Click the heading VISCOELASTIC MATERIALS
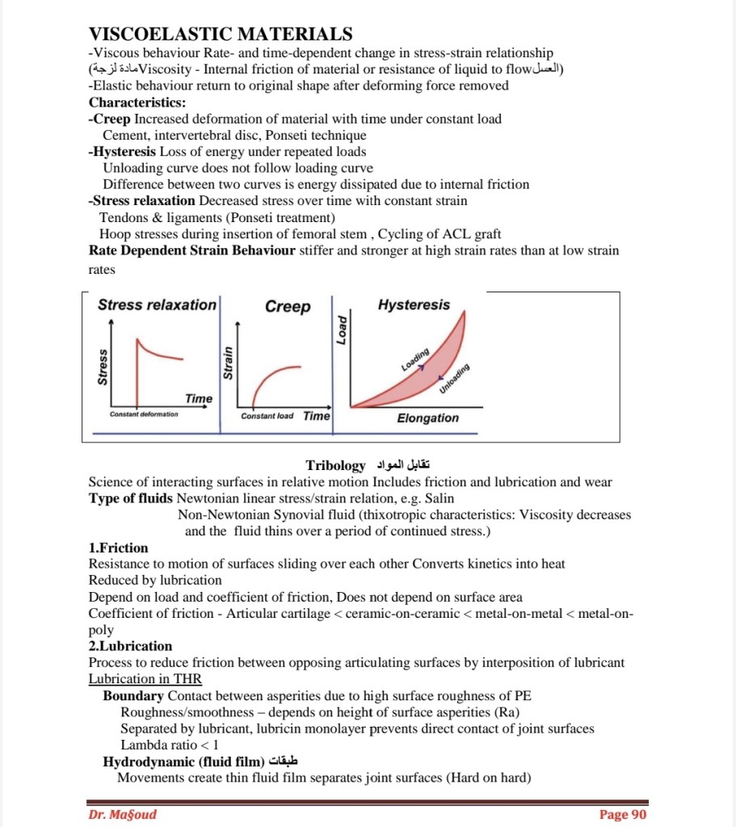click(x=220, y=34)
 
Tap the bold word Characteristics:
click(x=137, y=103)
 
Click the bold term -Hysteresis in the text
click(x=122, y=151)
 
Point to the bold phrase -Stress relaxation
click(x=142, y=200)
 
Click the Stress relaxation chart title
click(x=157, y=304)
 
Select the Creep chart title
click(x=288, y=306)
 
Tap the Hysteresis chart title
click(x=414, y=304)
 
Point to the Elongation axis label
click(x=427, y=418)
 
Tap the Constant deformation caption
click(x=144, y=414)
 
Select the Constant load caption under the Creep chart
click(x=267, y=416)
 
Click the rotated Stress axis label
click(x=102, y=366)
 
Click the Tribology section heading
click(x=336, y=465)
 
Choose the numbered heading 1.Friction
click(x=118, y=548)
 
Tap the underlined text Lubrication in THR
click(x=145, y=679)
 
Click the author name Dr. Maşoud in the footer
click(x=123, y=814)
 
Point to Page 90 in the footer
click(x=623, y=814)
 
